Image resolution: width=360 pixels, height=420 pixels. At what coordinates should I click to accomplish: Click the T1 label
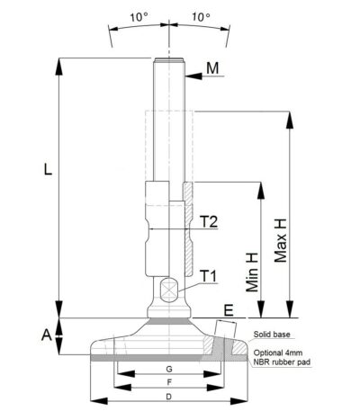[208, 274]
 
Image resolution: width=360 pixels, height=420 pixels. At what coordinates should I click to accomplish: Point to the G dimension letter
[168, 370]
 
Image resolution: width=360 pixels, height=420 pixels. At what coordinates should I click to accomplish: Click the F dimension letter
[168, 383]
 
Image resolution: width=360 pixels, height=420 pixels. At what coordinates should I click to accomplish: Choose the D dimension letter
[168, 397]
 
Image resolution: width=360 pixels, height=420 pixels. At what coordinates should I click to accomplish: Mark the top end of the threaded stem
[168, 61]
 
